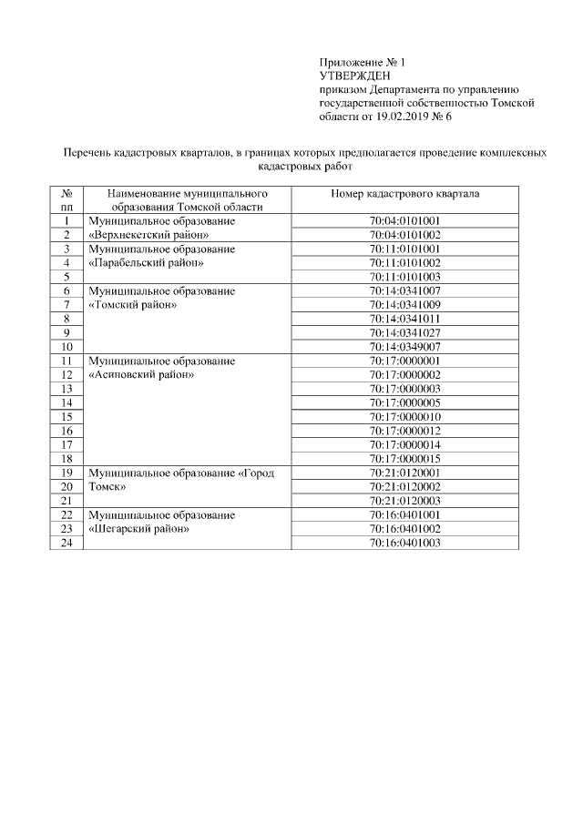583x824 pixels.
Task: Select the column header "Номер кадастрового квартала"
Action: [405, 194]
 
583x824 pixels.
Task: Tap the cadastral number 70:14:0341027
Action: [405, 332]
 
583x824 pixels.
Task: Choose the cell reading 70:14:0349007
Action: [405, 347]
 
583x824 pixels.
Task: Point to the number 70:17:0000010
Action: [405, 416]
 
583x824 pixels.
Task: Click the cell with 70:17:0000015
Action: [405, 458]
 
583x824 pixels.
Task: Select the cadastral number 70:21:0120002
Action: [405, 487]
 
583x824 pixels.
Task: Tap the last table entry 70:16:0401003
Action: [405, 543]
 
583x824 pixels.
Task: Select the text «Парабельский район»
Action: [142, 262]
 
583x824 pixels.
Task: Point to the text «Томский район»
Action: [131, 305]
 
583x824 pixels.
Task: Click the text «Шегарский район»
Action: [138, 529]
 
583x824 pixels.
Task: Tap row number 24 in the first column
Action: [66, 543]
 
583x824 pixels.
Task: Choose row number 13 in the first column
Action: [66, 389]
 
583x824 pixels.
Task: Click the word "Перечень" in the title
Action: [84, 154]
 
